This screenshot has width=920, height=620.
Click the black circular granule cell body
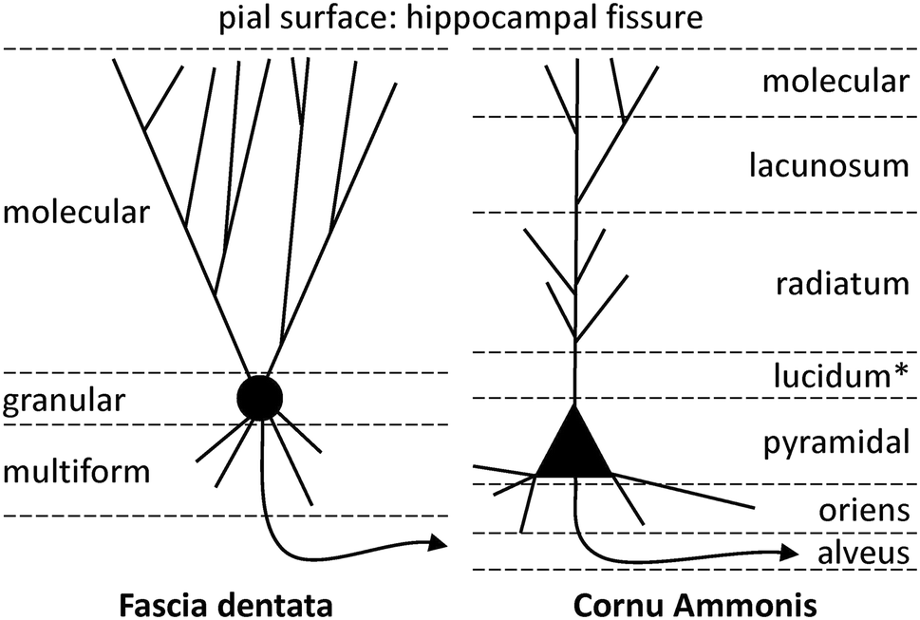pyautogui.click(x=259, y=398)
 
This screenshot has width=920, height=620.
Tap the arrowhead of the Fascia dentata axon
pyautogui.click(x=438, y=543)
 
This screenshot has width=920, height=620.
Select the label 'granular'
pyautogui.click(x=63, y=401)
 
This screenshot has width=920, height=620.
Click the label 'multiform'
pyautogui.click(x=76, y=471)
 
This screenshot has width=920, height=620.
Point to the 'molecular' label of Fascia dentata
pyautogui.click(x=76, y=211)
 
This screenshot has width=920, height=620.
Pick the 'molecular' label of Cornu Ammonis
pyautogui.click(x=836, y=81)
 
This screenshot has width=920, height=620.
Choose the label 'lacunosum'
pyautogui.click(x=829, y=167)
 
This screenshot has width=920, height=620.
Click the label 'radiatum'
pyautogui.click(x=839, y=283)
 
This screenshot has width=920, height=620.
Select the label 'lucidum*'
pyautogui.click(x=838, y=376)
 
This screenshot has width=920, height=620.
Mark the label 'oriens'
pyautogui.click(x=864, y=511)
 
